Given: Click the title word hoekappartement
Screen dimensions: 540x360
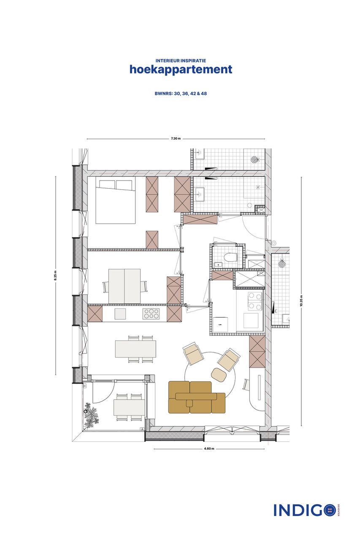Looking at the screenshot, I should pyautogui.click(x=181, y=70).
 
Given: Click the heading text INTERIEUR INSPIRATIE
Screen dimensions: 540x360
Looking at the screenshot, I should pyautogui.click(x=181, y=61).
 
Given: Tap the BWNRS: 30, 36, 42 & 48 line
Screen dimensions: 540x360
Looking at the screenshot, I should pyautogui.click(x=181, y=93).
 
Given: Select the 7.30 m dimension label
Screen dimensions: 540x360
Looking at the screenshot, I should pyautogui.click(x=176, y=138).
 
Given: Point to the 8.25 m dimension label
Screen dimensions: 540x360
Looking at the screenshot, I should pyautogui.click(x=55, y=276).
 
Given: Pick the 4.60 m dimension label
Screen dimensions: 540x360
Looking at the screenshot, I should pyautogui.click(x=209, y=448).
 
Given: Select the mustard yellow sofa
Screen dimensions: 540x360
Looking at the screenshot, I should pyautogui.click(x=196, y=397).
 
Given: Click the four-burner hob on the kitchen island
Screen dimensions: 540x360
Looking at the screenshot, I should pyautogui.click(x=151, y=314).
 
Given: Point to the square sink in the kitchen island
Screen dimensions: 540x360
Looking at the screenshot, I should pyautogui.click(x=120, y=314).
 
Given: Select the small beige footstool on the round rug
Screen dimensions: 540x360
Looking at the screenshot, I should pyautogui.click(x=219, y=374).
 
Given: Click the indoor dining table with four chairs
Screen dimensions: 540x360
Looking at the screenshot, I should pyautogui.click(x=135, y=349).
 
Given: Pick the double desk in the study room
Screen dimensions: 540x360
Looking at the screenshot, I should pyautogui.click(x=125, y=286).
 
